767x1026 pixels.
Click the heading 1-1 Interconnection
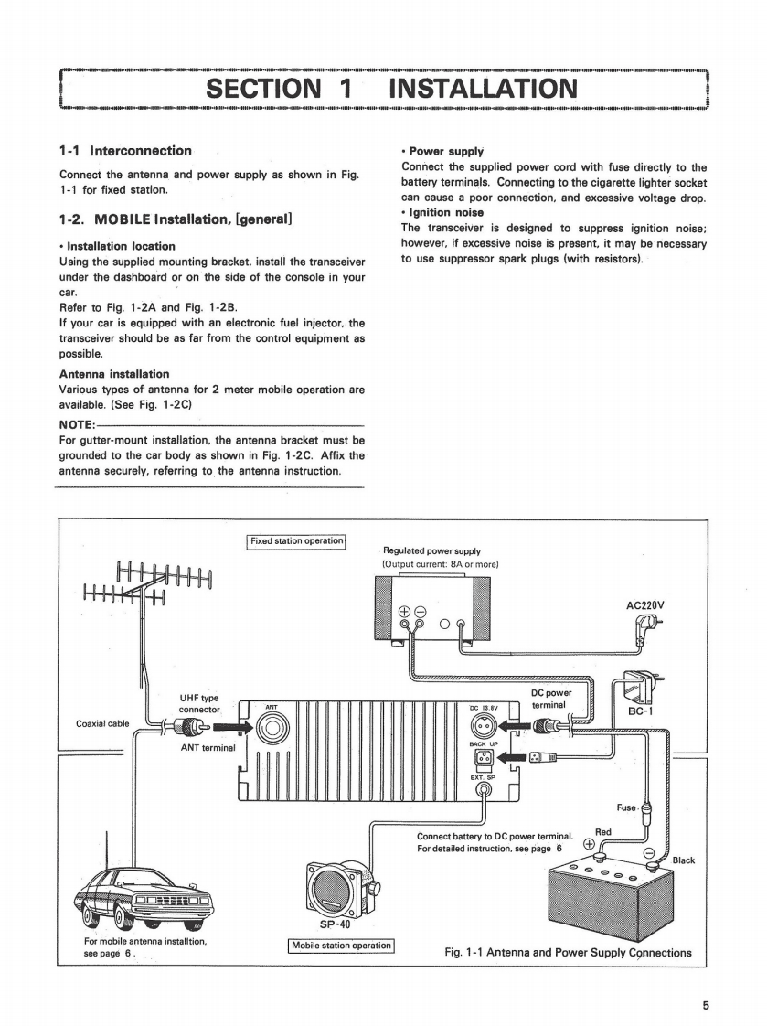[x=125, y=151]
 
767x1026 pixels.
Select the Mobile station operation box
[x=341, y=945]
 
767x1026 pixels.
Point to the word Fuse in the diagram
[x=627, y=807]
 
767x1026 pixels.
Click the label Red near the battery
[x=603, y=831]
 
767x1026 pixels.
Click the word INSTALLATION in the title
[x=483, y=89]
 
